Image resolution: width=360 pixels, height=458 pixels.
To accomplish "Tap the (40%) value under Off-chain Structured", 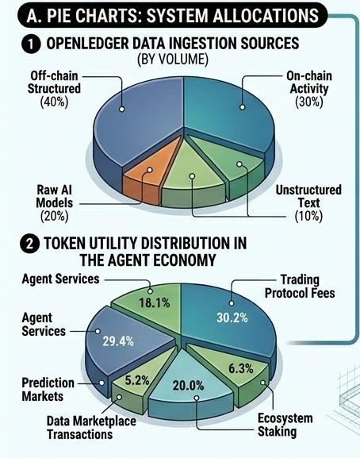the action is pos(54,102).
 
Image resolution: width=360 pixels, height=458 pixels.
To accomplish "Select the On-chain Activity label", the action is pos(309,83).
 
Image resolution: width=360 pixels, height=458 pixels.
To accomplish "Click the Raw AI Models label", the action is pos(55,197).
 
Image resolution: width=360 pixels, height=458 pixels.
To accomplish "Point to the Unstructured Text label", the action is pos(308,197).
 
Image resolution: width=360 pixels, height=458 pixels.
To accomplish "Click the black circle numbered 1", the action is pos(31,44).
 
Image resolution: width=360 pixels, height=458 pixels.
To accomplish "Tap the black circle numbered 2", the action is pos(29,244).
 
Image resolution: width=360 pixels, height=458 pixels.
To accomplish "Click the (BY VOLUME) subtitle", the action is pos(173,60).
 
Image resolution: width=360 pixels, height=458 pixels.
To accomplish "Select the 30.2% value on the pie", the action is pos(232,318).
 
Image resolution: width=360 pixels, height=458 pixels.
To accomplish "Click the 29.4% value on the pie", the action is pos(118,341).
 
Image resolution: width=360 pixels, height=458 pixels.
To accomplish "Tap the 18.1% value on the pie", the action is pos(155,303).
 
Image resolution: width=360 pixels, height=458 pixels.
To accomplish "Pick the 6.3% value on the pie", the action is pos(241,368).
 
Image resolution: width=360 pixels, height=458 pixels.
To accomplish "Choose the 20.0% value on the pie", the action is pos(188,386).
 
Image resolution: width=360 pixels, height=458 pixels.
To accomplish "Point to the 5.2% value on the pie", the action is pos(137,380).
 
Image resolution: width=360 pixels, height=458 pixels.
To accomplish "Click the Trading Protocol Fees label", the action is pos(300,287).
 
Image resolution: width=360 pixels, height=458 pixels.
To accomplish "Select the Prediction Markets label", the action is pos(48,390).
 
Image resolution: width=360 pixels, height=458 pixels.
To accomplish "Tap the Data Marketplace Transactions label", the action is pos(91,428).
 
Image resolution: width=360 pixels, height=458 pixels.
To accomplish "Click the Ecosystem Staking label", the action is pos(285,425).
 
